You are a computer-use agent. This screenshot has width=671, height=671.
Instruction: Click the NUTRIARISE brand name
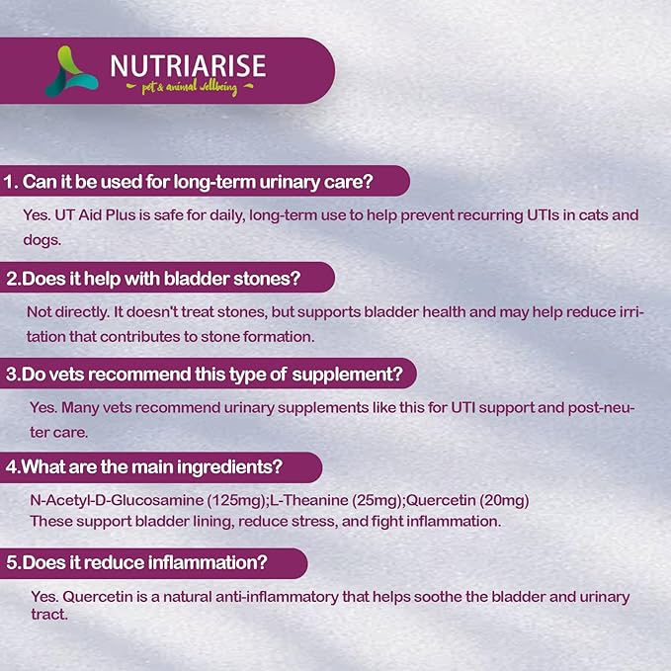point(187,65)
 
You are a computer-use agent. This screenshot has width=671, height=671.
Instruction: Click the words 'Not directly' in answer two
point(63,311)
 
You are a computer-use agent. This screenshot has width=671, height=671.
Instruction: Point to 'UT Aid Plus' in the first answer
point(93,214)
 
